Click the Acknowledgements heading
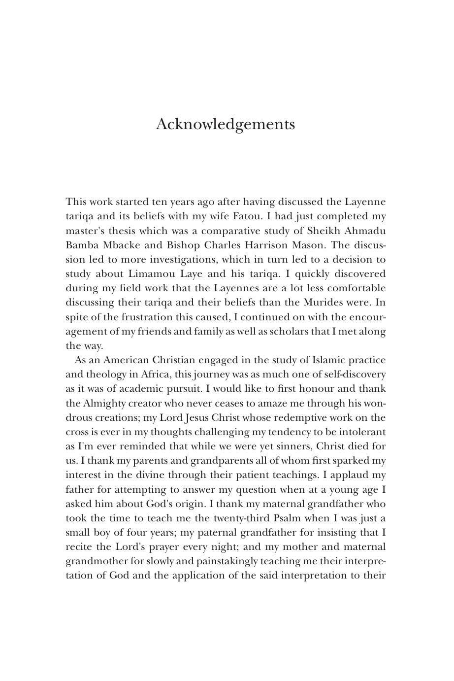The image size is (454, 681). pyautogui.click(x=226, y=124)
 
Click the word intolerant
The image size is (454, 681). pyautogui.click(x=361, y=432)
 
